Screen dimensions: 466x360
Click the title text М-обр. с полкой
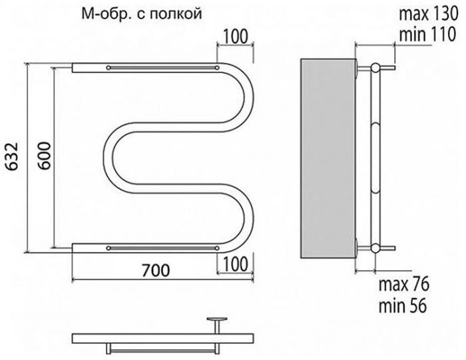click(x=141, y=14)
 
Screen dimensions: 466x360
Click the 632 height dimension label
click(x=13, y=156)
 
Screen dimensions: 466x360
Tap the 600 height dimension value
click(x=45, y=156)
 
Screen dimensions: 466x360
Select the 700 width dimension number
click(x=156, y=270)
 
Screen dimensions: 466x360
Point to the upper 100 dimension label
click(x=235, y=37)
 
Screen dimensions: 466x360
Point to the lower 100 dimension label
click(x=235, y=264)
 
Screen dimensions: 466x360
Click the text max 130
click(x=428, y=14)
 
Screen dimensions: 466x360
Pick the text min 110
click(x=427, y=34)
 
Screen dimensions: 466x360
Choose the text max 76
click(x=404, y=284)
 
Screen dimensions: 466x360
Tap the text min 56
click(x=403, y=305)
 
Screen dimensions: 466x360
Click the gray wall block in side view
click(x=328, y=158)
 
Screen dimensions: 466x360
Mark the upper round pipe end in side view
click(x=375, y=68)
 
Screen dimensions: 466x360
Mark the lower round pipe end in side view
click(x=375, y=248)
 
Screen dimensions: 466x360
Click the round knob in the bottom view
click(x=217, y=319)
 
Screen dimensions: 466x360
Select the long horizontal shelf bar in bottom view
click(x=163, y=338)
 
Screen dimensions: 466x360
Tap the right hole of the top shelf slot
click(x=217, y=68)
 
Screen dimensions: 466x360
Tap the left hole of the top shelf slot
click(x=109, y=68)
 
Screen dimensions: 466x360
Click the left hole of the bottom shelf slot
click(x=109, y=248)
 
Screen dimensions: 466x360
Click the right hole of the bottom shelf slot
click(x=217, y=248)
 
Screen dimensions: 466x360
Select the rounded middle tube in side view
click(x=375, y=158)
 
